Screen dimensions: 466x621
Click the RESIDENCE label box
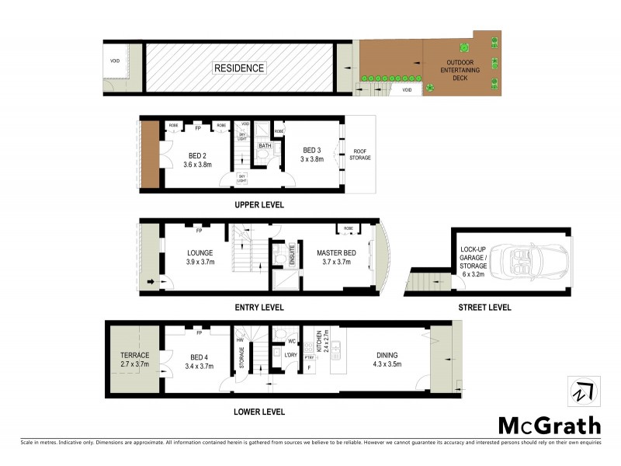coord(239,68)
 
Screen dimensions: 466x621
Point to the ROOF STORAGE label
coord(361,155)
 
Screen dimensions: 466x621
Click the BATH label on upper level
coord(265,145)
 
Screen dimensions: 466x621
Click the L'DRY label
coord(291,356)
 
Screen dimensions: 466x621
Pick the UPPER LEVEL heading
coord(258,205)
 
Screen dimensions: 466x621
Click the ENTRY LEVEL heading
coord(258,308)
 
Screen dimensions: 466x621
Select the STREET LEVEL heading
coord(485,308)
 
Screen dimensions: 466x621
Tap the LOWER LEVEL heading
coord(258,412)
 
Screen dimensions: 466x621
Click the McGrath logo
coord(549,425)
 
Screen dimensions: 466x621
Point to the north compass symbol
coord(584,391)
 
